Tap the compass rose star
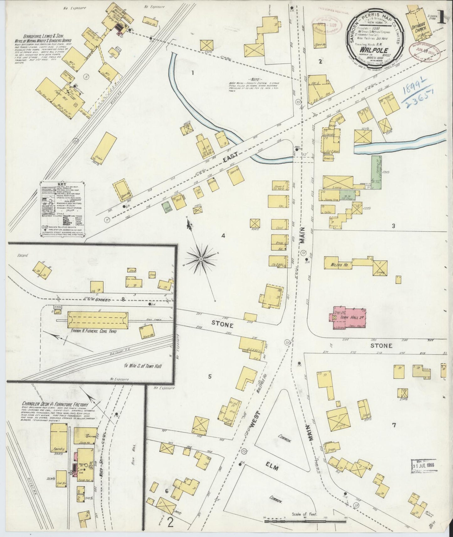point(201,259)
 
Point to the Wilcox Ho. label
point(338,265)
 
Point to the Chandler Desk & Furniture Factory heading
point(55,404)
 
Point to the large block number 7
point(394,425)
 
